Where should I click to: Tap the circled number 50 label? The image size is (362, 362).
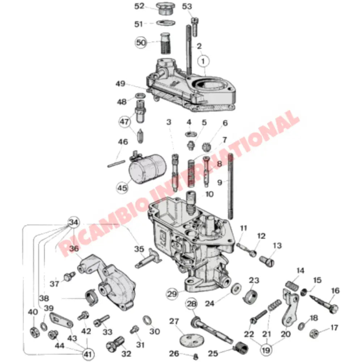pyautogui.click(x=142, y=43)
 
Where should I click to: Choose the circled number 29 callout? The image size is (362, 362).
pyautogui.click(x=172, y=294)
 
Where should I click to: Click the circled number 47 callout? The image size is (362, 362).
pyautogui.click(x=125, y=122)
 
